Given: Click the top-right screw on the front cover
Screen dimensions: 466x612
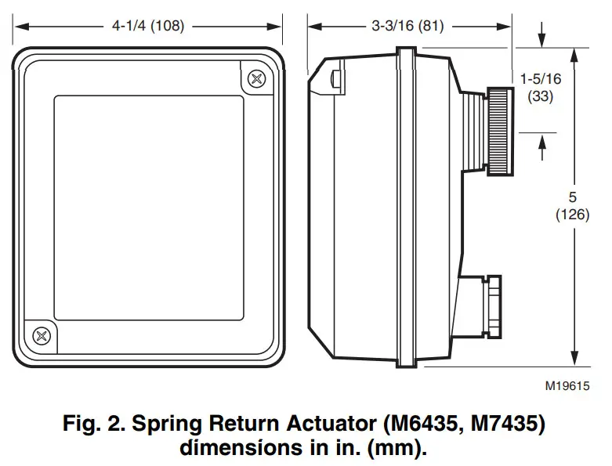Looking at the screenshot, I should coord(256,78).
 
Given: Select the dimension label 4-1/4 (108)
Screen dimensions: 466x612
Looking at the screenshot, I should coord(148,26).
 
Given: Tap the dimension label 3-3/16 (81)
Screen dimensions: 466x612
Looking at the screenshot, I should coord(407,26).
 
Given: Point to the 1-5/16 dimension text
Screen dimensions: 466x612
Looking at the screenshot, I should coord(541,78).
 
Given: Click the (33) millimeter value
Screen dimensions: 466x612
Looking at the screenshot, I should coord(541,96).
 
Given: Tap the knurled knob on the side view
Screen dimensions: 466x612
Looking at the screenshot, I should coord(498,130).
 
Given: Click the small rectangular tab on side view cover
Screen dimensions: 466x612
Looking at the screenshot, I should coord(335,79).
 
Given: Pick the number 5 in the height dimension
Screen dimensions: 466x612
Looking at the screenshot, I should coord(572,197).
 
